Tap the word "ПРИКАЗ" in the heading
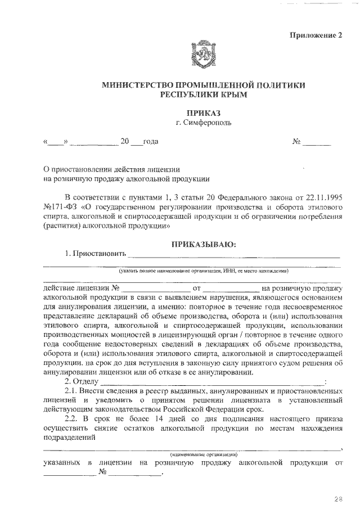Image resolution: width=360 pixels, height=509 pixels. [204, 112]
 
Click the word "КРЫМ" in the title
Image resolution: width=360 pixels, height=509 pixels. [232, 96]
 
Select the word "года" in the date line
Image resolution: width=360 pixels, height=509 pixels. [151, 141]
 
